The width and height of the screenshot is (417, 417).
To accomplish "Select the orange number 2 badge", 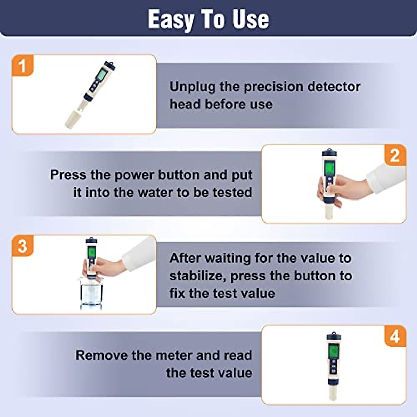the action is click(x=395, y=155).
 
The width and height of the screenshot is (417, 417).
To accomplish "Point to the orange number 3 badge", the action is click(x=23, y=246).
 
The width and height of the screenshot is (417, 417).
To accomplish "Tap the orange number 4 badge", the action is click(x=395, y=336).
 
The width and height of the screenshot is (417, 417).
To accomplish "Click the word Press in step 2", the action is click(x=68, y=175).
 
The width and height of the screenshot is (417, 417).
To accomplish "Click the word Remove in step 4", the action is click(x=102, y=355).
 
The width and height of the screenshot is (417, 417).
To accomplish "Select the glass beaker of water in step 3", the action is click(x=91, y=294).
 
